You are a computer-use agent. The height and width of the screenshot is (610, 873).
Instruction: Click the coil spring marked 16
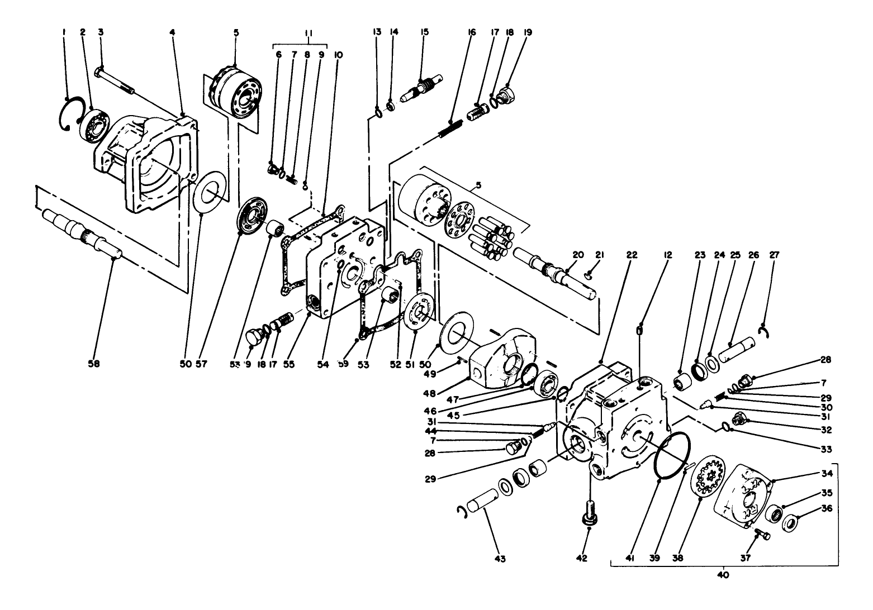[x=452, y=128]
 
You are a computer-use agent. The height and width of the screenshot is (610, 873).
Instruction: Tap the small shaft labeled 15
[x=423, y=89]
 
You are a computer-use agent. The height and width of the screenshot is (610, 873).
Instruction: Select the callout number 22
[x=632, y=255]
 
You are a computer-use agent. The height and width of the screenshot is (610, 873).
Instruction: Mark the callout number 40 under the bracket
[x=723, y=574]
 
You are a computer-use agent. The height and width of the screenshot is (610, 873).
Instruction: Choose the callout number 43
[x=500, y=558]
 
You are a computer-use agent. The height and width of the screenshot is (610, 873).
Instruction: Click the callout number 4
[x=172, y=33]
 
